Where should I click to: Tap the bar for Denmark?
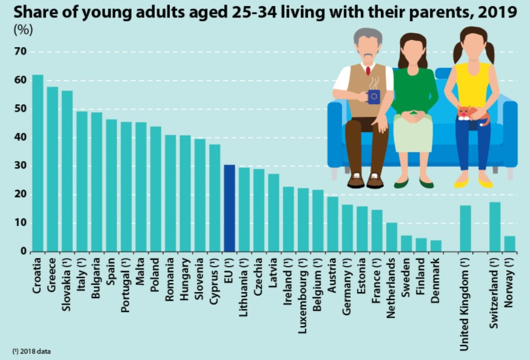[436, 245]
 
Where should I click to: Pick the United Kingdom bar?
[465, 228]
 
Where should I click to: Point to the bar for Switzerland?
[495, 227]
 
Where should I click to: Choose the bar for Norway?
[509, 244]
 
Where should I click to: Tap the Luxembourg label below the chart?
[303, 290]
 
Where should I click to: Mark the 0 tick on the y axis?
[23, 252]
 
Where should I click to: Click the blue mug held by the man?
[373, 96]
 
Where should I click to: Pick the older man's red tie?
[368, 70]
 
